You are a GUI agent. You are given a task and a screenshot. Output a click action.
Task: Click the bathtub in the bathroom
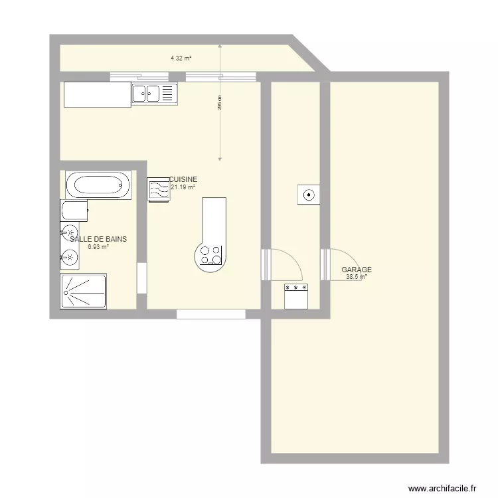tap(98, 185)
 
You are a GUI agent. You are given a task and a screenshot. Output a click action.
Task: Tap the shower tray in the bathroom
tap(84, 291)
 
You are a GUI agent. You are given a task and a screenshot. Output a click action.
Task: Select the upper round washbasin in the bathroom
tap(69, 233)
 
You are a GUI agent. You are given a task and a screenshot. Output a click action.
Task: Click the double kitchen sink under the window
tap(154, 94)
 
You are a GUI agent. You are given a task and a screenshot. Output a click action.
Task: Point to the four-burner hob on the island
tap(210, 256)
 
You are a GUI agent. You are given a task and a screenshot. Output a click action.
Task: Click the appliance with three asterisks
tap(296, 295)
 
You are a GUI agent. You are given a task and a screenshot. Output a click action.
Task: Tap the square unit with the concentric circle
tap(309, 195)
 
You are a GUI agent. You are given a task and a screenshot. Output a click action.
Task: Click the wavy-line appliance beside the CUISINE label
tap(158, 190)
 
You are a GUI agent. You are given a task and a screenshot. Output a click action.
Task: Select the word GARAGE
tap(357, 270)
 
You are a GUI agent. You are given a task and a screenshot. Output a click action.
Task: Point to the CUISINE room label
tap(183, 180)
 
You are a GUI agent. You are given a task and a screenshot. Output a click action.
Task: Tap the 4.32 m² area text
tap(181, 58)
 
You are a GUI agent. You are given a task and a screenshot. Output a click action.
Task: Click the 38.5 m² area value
tap(356, 277)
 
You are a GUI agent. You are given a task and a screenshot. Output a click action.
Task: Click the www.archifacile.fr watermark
tap(443, 487)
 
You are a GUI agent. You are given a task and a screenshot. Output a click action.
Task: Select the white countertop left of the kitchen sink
tap(97, 94)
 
